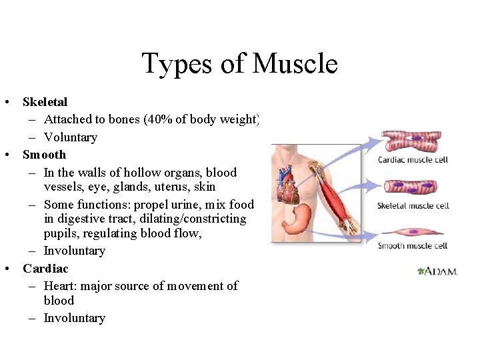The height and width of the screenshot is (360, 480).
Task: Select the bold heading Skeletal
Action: pos(45,102)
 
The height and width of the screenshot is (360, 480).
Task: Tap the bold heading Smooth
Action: pos(44,155)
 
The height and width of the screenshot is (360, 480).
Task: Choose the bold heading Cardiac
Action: pos(45,269)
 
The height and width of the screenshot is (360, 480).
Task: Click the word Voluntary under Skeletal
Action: pos(70,137)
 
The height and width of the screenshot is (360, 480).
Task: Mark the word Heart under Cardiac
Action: pos(59,286)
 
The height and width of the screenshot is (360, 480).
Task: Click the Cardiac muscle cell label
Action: pos(412,159)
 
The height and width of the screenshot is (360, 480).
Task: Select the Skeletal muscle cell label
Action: pos(413,205)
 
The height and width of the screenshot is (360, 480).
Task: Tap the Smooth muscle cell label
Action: pos(412,246)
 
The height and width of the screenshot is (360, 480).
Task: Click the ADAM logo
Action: pos(437,271)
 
